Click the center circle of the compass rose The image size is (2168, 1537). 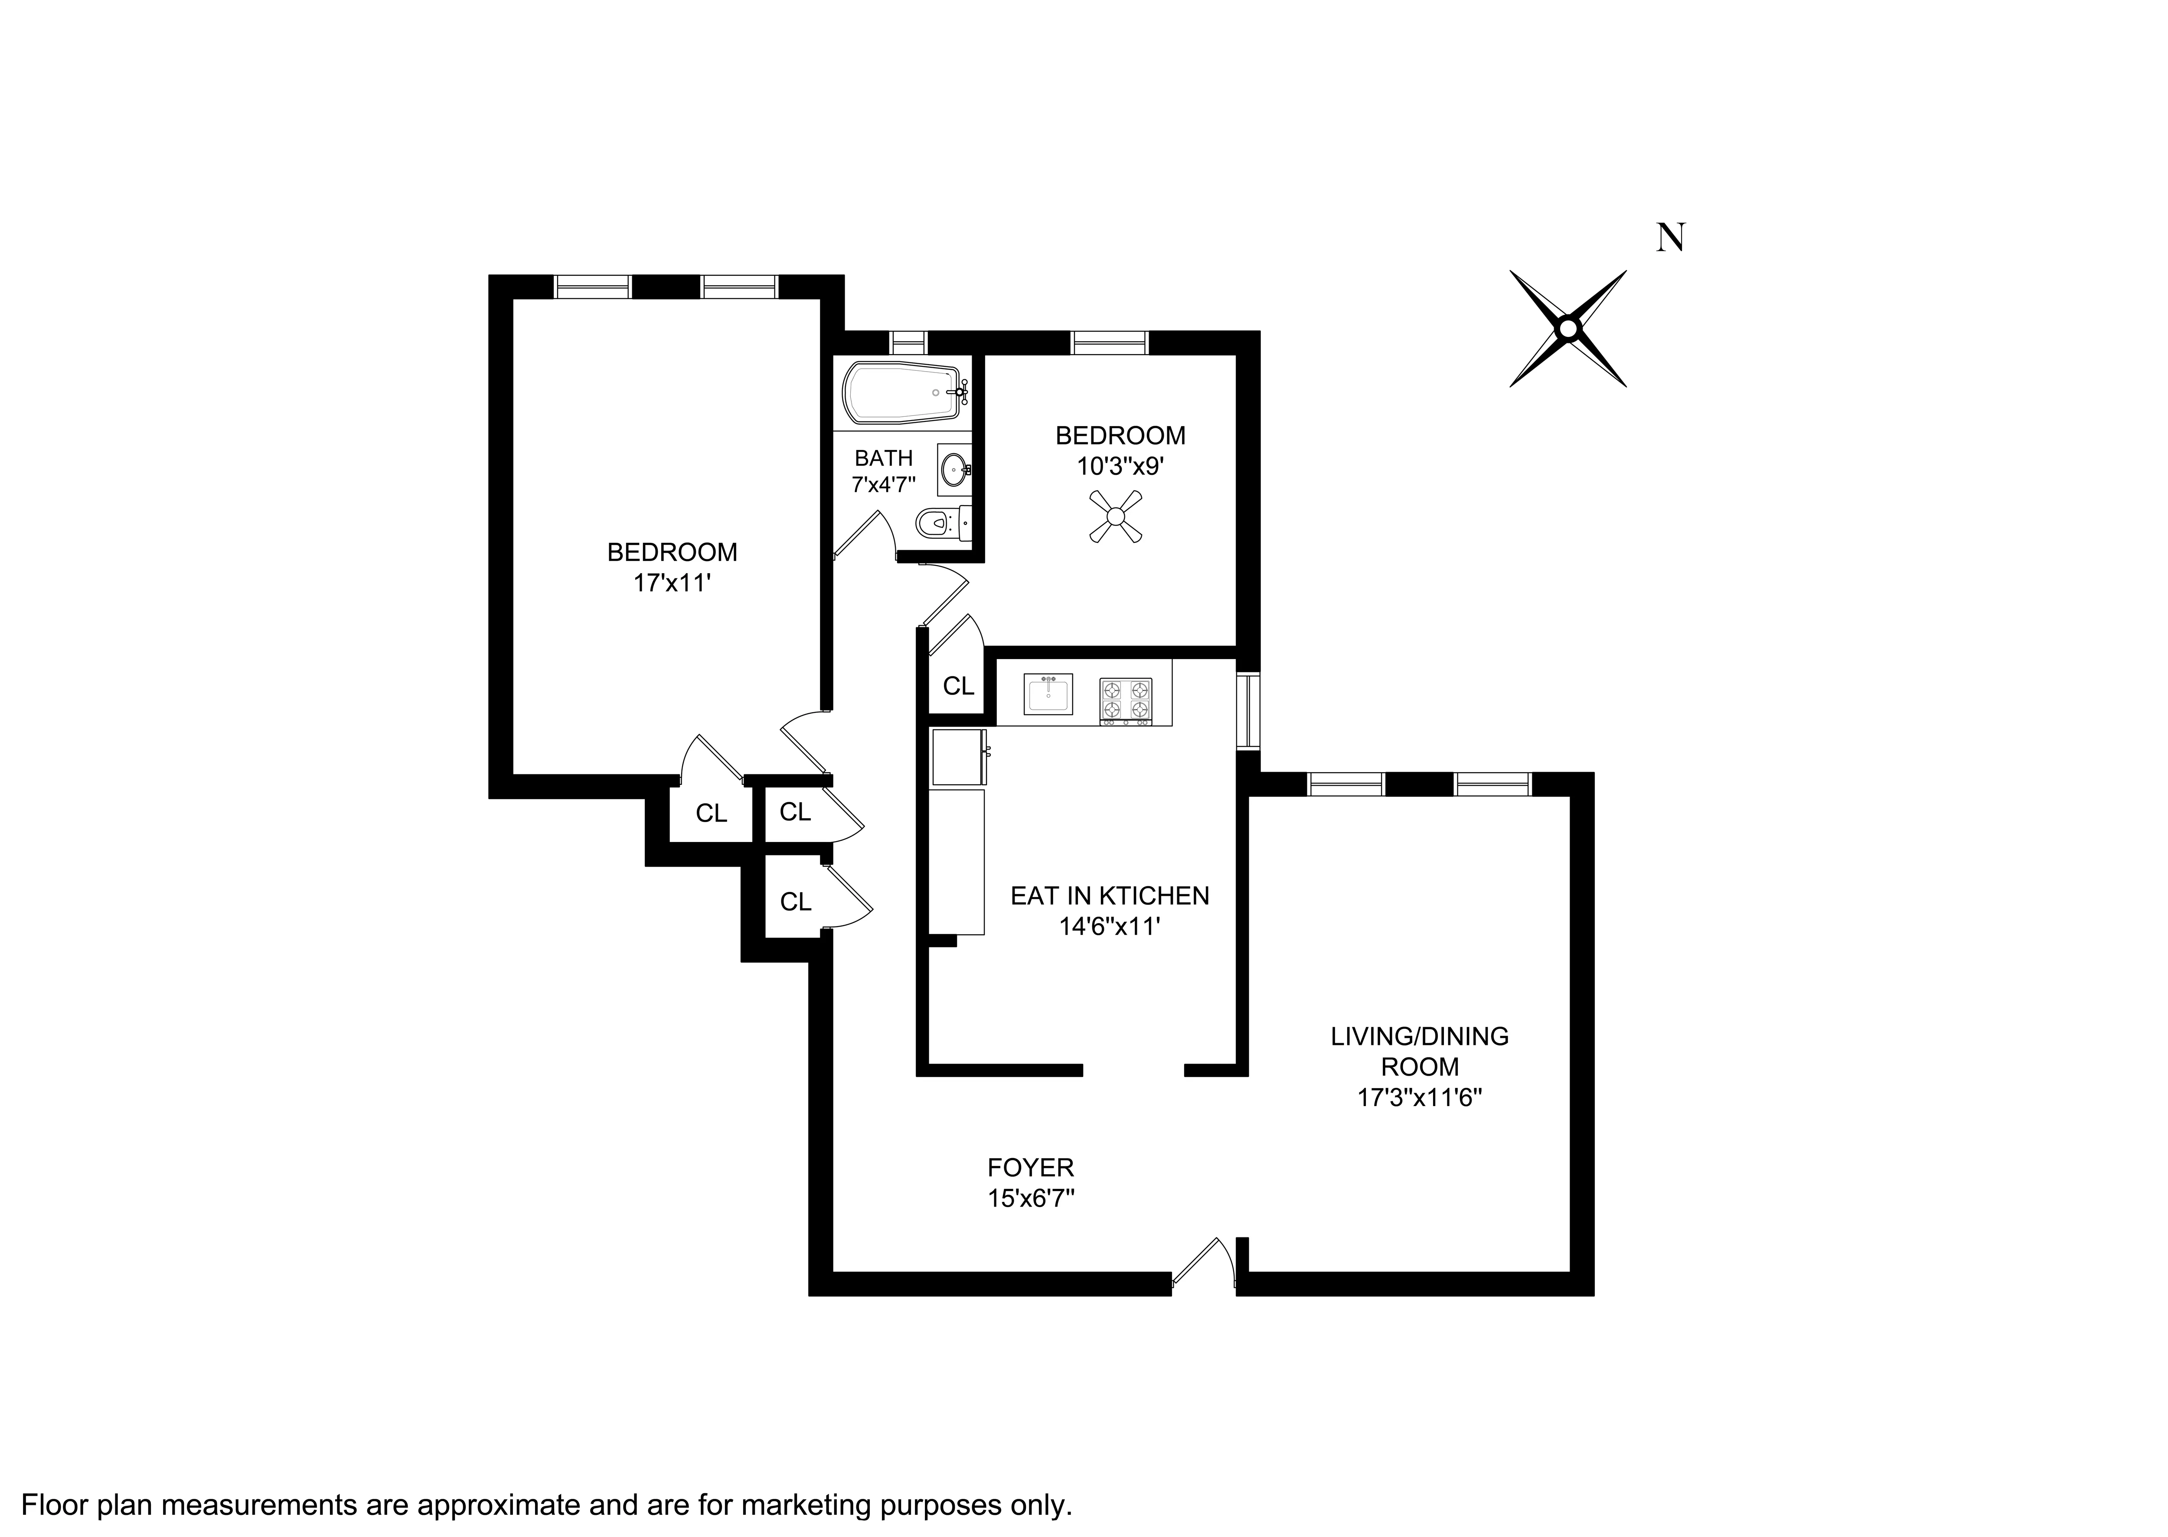(1568, 328)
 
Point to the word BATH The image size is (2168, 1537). (883, 458)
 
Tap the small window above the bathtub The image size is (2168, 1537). (908, 342)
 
